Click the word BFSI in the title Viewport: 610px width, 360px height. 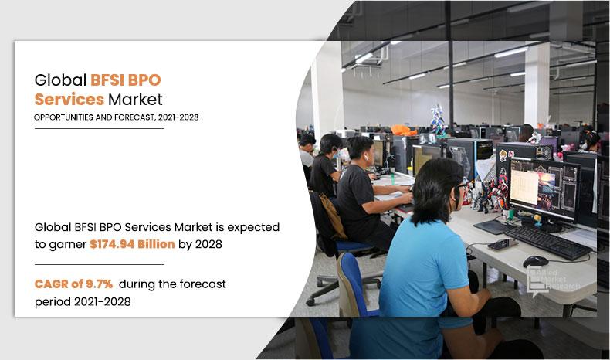tap(109, 80)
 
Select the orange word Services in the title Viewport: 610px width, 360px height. tap(69, 99)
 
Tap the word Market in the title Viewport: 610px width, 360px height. tap(135, 99)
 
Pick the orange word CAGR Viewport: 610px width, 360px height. tap(52, 284)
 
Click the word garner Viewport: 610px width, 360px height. tap(67, 245)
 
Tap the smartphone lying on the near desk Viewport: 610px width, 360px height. tap(503, 245)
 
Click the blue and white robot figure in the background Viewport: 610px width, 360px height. tap(439, 119)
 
